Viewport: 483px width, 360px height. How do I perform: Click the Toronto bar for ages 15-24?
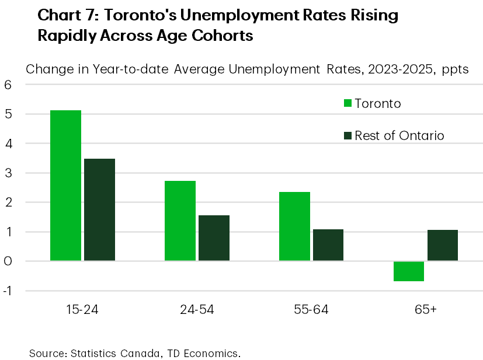coord(65,185)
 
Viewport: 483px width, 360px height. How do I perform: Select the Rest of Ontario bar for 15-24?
coord(99,209)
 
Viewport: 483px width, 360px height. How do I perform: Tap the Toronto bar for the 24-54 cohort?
coord(180,221)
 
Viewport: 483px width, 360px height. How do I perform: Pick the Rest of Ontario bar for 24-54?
coord(214,237)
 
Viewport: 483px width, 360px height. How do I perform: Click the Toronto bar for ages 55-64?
coord(294,226)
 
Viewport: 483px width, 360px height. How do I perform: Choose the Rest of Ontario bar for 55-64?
coord(328,245)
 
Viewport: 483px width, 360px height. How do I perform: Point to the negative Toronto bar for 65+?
coord(409,271)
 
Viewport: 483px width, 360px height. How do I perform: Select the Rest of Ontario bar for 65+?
coord(443,245)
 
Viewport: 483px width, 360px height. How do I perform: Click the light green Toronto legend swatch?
coord(348,104)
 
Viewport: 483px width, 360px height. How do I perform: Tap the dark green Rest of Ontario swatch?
coord(348,135)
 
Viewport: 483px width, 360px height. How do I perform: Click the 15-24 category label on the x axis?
coord(83,309)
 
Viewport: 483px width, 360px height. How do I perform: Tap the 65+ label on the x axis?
coord(426,309)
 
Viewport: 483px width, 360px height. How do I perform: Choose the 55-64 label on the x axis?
coord(311,309)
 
